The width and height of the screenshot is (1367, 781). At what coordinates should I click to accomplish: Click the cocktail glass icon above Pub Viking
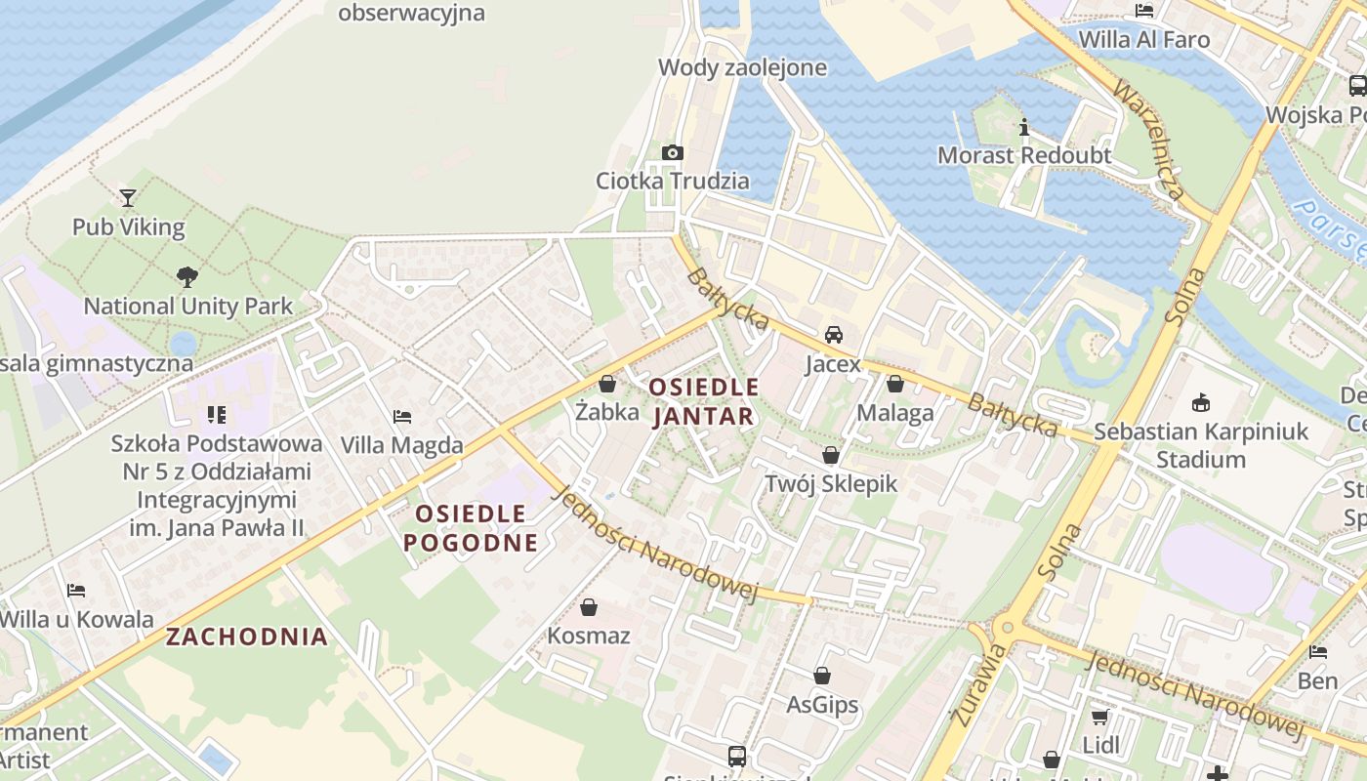[x=128, y=198]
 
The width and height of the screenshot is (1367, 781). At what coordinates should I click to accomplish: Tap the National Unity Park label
[x=187, y=306]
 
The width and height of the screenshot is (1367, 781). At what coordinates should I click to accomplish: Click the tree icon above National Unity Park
[x=186, y=277]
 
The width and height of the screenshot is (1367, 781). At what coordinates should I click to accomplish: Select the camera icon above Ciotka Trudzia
[x=672, y=152]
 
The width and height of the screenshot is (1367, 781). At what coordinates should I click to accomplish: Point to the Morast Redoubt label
[x=1024, y=155]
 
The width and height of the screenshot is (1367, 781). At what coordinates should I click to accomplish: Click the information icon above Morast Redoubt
[x=1024, y=127]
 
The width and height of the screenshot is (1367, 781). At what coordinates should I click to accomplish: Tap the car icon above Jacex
[x=834, y=335]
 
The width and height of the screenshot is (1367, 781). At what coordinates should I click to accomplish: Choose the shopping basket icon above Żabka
[x=607, y=384]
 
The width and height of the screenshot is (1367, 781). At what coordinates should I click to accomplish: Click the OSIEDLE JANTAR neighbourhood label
[x=703, y=401]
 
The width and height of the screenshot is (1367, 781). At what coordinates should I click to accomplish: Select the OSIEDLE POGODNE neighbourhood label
[x=472, y=528]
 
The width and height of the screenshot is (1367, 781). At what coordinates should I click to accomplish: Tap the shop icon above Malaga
[x=894, y=384]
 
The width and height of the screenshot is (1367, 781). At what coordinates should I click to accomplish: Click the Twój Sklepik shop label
[x=831, y=483]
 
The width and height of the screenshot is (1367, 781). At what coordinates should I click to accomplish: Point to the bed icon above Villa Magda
[x=401, y=417]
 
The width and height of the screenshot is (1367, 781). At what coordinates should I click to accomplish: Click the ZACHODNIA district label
[x=246, y=637]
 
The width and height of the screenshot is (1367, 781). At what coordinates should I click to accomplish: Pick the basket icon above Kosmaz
[x=589, y=607]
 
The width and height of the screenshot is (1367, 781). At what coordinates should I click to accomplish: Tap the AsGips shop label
[x=822, y=704]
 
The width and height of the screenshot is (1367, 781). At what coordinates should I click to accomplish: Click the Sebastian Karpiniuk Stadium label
[x=1200, y=445]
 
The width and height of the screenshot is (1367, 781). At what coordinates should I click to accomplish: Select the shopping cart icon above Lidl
[x=1100, y=718]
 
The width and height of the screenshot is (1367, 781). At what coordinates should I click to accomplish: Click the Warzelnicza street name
[x=1149, y=142]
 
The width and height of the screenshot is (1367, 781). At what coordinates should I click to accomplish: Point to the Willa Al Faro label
[x=1144, y=40]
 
